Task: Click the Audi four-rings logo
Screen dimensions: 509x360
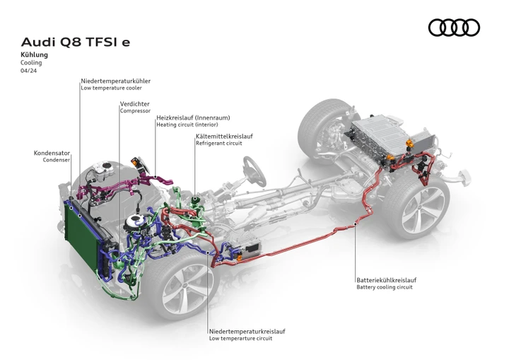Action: point(454,28)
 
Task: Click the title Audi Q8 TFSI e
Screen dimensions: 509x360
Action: point(76,42)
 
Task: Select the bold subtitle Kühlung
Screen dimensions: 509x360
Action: point(34,54)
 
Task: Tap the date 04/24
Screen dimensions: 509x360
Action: point(28,71)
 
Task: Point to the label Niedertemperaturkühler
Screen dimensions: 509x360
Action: point(115,81)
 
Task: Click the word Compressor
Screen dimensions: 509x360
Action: point(135,111)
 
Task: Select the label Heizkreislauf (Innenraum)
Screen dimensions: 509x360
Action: point(193,117)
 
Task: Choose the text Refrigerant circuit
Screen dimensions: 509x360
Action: point(218,144)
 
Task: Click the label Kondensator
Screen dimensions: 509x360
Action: point(52,153)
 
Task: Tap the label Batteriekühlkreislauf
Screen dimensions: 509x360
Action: point(386,280)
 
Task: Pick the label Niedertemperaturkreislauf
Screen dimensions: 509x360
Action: point(247,332)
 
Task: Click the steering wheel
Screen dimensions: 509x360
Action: point(255,171)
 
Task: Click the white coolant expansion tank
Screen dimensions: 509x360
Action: point(103,170)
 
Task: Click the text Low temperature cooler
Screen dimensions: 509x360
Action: point(112,88)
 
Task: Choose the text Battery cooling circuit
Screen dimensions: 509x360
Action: point(385,287)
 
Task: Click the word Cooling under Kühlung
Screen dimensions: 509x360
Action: point(31,63)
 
